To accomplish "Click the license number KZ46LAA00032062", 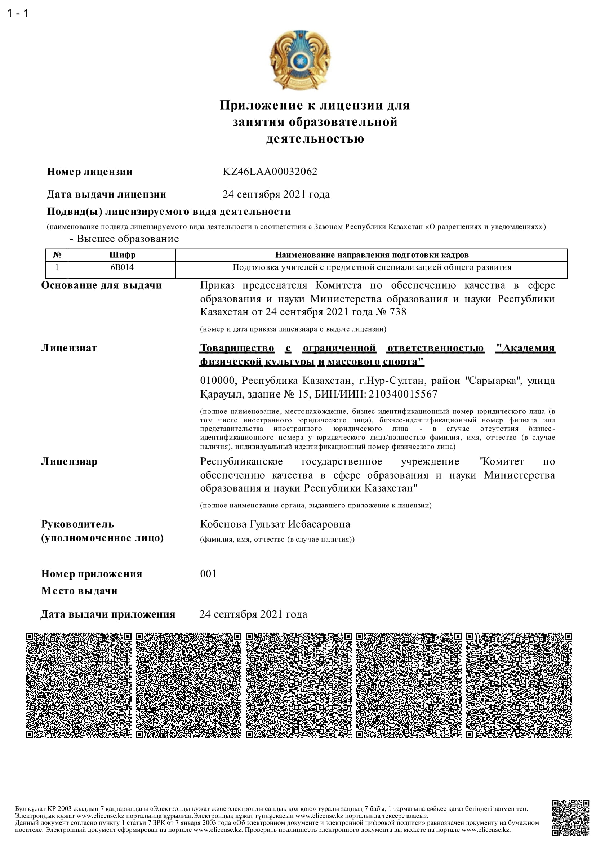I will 270,172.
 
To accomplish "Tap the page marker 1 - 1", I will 18,13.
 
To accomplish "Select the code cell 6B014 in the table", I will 122,267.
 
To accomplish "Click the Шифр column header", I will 122,255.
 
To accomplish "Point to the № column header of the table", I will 57,255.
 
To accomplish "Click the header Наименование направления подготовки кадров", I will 372,255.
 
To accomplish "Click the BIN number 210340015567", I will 402,394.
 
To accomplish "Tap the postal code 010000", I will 217,380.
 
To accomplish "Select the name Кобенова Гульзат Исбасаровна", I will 275,524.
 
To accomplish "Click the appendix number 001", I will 208,573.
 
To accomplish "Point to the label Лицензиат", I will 69,348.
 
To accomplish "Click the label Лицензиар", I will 69,462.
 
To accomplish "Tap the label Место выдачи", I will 79,591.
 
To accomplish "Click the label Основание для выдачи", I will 101,285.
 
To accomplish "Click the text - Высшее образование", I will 124,239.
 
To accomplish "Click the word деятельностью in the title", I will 315,138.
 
